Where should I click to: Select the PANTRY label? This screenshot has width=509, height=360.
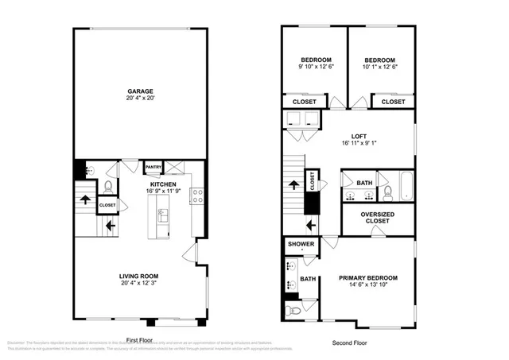pyautogui.click(x=153, y=168)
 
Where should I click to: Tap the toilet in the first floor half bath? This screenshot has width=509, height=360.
pyautogui.click(x=108, y=188)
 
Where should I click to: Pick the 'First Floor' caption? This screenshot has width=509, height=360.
pyautogui.click(x=138, y=340)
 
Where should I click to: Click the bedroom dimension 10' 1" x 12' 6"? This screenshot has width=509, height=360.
pyautogui.click(x=381, y=68)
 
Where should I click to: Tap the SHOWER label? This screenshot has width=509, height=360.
pyautogui.click(x=301, y=244)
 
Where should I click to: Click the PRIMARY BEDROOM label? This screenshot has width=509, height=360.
pyautogui.click(x=367, y=278)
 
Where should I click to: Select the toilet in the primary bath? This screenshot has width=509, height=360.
pyautogui.click(x=293, y=310)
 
